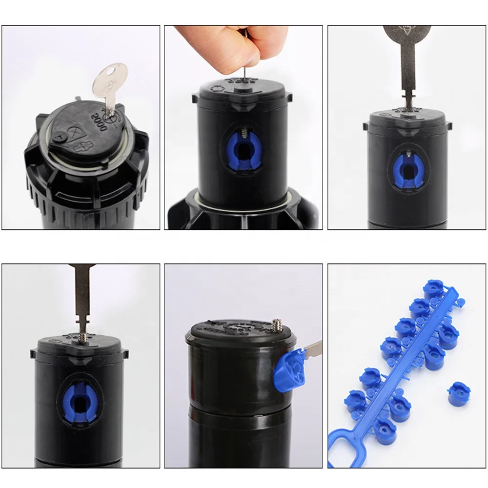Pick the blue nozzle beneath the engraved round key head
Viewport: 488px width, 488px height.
click(408, 171)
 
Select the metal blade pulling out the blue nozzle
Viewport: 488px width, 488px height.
click(312, 349)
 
